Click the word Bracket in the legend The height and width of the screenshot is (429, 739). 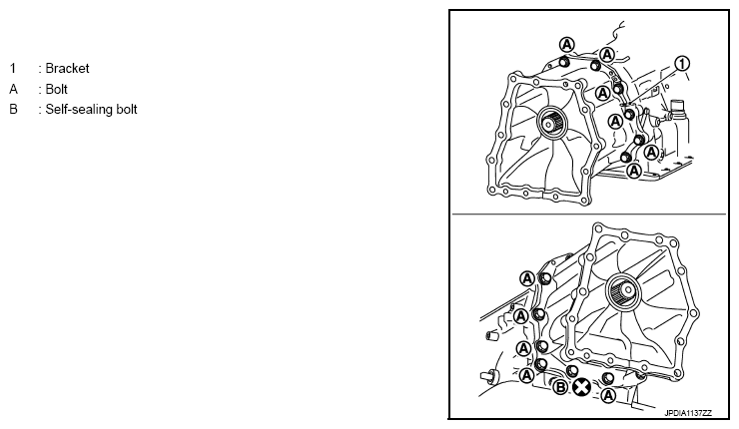[67, 68]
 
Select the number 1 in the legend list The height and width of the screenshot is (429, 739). [13, 68]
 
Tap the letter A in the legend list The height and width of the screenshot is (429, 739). [13, 89]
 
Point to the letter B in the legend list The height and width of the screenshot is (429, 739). [13, 110]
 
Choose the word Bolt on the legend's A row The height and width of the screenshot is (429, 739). [57, 89]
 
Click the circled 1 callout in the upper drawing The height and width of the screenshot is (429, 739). [682, 63]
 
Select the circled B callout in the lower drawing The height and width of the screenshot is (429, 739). [560, 387]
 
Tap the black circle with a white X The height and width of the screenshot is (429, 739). [581, 388]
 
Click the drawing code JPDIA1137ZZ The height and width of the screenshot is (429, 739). [688, 413]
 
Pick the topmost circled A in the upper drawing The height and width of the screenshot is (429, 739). [567, 45]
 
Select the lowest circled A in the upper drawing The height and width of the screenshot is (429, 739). [634, 171]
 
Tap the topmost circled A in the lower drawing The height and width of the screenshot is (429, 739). [527, 278]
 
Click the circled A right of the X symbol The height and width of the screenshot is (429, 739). [608, 395]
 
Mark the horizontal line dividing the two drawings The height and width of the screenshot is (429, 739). [589, 214]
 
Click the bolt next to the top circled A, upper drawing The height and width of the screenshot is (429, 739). [562, 62]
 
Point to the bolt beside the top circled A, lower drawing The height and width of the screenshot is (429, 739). [545, 278]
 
